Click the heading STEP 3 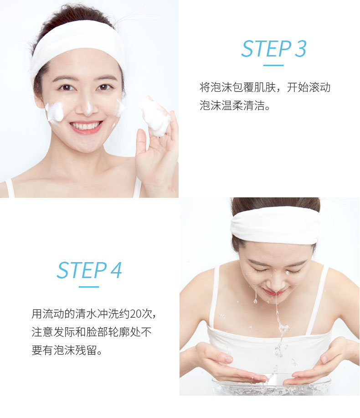(x=274, y=48)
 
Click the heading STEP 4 (x=89, y=270)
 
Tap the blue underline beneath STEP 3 (x=273, y=65)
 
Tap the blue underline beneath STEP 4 (x=89, y=287)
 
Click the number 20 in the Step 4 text (x=135, y=314)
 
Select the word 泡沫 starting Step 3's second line (x=210, y=105)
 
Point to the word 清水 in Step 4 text (x=86, y=314)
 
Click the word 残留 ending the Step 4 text (x=86, y=350)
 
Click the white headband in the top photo (x=77, y=45)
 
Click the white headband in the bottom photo (x=274, y=225)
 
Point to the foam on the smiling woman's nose (x=88, y=107)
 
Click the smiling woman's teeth (x=86, y=125)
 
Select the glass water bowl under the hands (x=271, y=386)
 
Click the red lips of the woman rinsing (x=274, y=293)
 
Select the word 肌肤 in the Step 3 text (x=265, y=87)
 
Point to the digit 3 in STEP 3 (x=301, y=48)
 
